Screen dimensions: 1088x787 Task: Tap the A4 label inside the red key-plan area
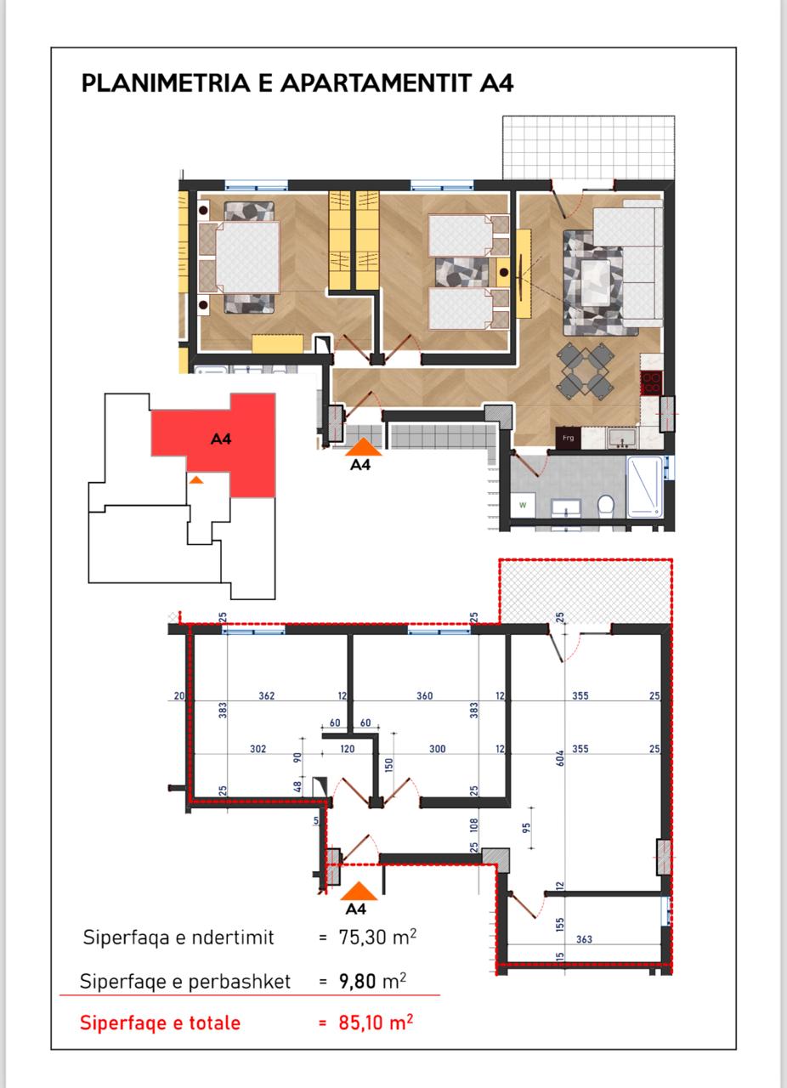(221, 439)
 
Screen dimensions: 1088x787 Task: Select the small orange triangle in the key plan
(196, 480)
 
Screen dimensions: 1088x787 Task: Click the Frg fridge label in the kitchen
(568, 439)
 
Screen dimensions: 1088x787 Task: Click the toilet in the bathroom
(606, 507)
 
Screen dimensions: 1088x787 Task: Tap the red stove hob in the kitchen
(652, 383)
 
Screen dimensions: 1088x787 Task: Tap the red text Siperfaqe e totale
(160, 1023)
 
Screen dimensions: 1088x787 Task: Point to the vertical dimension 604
(560, 758)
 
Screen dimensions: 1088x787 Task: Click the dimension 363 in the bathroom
(584, 939)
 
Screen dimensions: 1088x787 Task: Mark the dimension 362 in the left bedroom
(266, 696)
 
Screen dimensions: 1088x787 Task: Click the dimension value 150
(388, 766)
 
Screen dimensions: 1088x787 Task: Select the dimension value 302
(258, 750)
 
